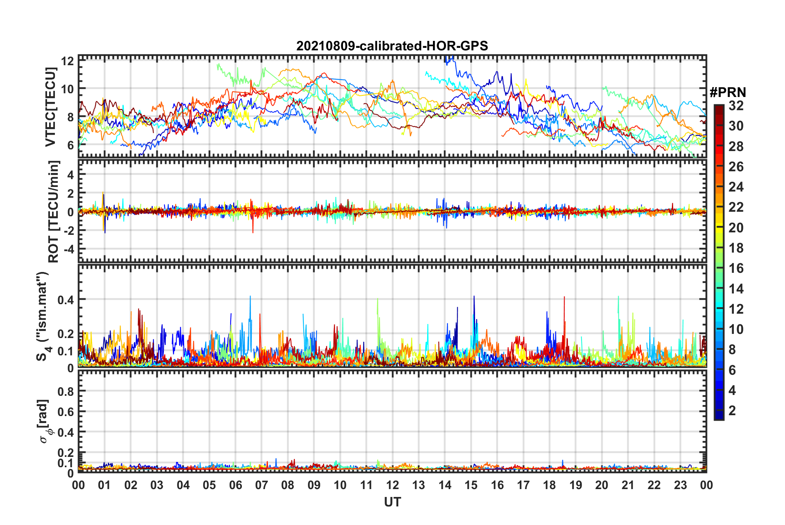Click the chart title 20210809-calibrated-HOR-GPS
(x=392, y=46)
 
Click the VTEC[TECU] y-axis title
(x=50, y=107)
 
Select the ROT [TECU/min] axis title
(x=54, y=212)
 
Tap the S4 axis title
(x=43, y=316)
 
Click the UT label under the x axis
(x=392, y=502)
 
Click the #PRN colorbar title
(x=728, y=92)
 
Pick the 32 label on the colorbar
(x=736, y=106)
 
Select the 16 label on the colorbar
(x=736, y=268)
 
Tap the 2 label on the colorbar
(x=732, y=410)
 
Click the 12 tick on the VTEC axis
(x=67, y=61)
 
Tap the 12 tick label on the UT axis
(x=392, y=485)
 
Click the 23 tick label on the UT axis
(x=680, y=485)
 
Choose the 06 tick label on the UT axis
(x=235, y=485)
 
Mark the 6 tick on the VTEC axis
(x=70, y=145)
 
